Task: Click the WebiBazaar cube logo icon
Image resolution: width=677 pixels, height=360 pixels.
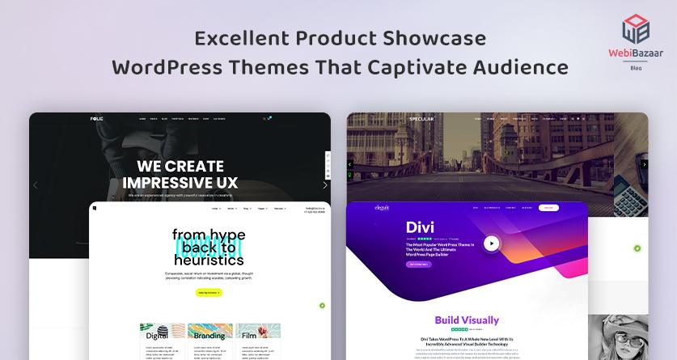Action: (635, 29)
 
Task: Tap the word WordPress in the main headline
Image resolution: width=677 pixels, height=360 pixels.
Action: (161, 66)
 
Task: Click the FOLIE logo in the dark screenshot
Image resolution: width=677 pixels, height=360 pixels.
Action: (97, 119)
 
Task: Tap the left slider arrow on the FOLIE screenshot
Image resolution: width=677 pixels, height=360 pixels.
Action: (35, 185)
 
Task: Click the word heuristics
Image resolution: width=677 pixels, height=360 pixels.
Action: (209, 260)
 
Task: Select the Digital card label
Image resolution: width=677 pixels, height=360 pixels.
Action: (157, 335)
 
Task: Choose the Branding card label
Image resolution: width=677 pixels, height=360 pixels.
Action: (209, 335)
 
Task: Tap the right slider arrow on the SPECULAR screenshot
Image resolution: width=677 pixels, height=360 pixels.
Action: (644, 164)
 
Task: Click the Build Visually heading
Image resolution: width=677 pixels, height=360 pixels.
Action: (467, 320)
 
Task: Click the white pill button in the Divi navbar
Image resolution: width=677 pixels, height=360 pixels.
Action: (549, 208)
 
